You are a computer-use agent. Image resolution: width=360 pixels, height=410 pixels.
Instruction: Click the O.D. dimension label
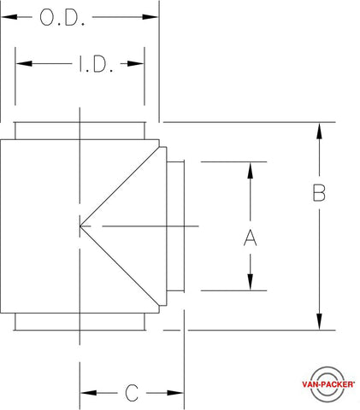[x=62, y=18]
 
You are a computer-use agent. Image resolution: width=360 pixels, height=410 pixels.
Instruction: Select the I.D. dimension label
[x=96, y=64]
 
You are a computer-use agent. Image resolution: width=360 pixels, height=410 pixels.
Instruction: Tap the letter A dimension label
[x=250, y=237]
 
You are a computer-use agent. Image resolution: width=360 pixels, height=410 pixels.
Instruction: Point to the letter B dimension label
[x=319, y=193]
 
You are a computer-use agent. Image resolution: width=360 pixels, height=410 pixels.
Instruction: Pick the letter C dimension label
[x=132, y=393]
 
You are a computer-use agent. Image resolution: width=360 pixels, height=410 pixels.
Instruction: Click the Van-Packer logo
[x=328, y=384]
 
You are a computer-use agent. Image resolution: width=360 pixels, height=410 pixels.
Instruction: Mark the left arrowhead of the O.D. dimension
[x=9, y=17]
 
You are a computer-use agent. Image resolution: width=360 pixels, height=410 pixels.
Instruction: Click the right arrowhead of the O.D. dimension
[x=150, y=17]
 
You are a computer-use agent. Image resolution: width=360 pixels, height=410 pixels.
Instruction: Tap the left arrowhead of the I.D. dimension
[x=24, y=63]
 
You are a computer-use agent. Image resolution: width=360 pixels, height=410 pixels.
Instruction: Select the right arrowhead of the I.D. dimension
[x=135, y=63]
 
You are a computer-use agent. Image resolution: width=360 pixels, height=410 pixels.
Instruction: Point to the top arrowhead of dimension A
[x=250, y=171]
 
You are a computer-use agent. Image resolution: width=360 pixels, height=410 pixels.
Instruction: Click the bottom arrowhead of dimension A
[x=250, y=282]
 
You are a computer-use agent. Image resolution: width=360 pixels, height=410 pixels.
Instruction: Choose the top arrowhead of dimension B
[x=319, y=132]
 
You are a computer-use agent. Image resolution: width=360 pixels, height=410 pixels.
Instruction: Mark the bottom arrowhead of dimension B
[x=319, y=321]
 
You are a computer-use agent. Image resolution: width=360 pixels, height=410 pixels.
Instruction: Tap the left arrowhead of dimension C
[x=89, y=393]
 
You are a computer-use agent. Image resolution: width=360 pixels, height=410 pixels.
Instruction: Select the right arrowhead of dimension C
[x=175, y=393]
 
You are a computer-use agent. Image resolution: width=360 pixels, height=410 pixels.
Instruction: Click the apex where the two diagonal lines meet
[x=80, y=226]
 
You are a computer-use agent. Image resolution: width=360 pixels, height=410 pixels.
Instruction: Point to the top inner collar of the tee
[x=80, y=131]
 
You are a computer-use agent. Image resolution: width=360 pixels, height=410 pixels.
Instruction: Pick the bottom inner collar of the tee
[x=80, y=322]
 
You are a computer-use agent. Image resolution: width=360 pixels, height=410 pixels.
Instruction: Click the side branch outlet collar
[x=175, y=226]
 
